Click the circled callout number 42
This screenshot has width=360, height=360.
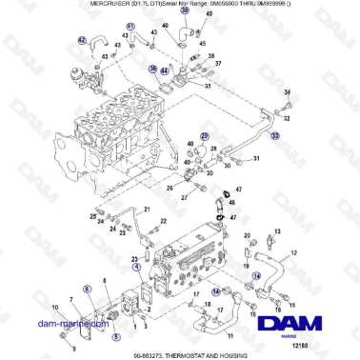pyautogui.click(x=82, y=40)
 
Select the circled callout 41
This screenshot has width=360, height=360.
pyautogui.click(x=130, y=26)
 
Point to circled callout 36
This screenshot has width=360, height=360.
pyautogui.click(x=152, y=69)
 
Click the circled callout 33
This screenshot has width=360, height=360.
pyautogui.click(x=276, y=137)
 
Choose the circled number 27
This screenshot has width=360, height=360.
pyautogui.click(x=204, y=137)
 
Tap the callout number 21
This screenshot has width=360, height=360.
pyautogui.click(x=147, y=209)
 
